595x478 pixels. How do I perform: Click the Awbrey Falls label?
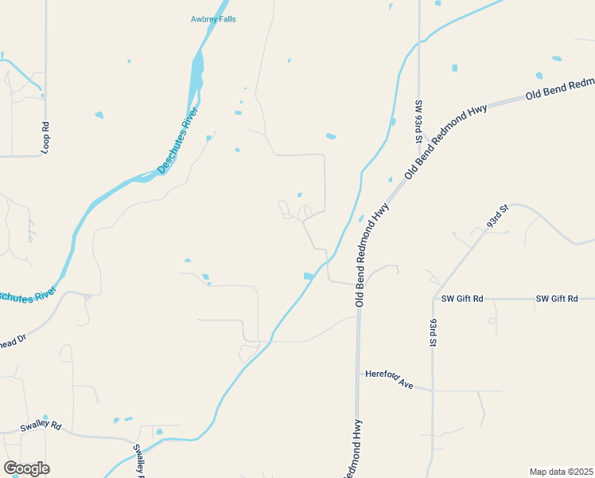click(213, 19)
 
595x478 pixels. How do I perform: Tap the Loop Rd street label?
click(45, 137)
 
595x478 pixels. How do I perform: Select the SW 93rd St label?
click(417, 121)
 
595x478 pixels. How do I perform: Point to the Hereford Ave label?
click(390, 379)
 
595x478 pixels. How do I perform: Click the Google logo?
click(26, 468)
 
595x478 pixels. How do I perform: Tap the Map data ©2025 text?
click(562, 472)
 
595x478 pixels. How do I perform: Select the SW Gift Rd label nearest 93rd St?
click(462, 299)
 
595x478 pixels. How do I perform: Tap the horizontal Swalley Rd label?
click(41, 426)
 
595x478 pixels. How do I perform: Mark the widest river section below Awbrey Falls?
click(195, 72)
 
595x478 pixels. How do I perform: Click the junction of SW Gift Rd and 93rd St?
click(434, 299)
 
